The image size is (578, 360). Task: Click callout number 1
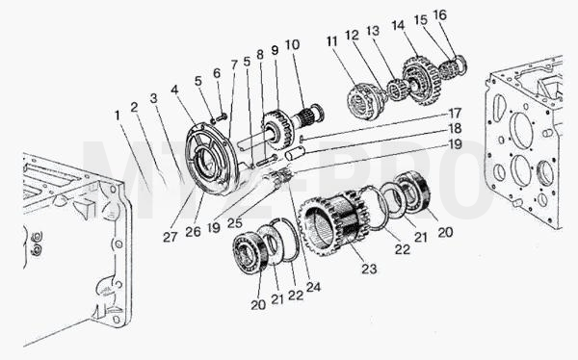118,116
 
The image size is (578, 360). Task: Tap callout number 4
174,90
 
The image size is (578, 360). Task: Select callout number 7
235,64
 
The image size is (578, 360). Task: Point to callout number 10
292,45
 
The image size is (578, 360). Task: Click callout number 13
373,31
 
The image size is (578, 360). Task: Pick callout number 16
440,15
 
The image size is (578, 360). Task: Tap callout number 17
456,113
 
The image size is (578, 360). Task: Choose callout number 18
456,128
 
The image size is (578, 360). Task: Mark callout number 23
369,269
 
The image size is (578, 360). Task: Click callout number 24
313,287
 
